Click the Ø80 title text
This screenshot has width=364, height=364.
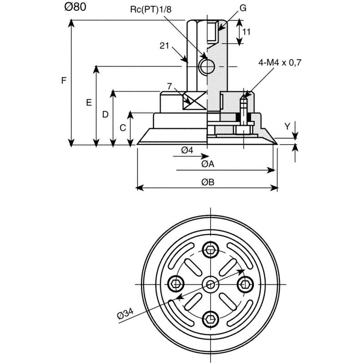(x=75, y=7)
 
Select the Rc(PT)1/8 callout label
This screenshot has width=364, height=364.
(x=151, y=10)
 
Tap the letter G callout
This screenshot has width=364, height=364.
(x=243, y=8)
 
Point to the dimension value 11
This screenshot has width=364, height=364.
(x=246, y=31)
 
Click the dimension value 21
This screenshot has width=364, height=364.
(x=164, y=46)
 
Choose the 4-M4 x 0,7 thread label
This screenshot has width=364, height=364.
(x=280, y=62)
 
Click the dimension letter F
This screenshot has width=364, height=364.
(x=64, y=81)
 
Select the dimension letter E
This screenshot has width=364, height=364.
(x=89, y=102)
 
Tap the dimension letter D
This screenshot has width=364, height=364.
(x=106, y=115)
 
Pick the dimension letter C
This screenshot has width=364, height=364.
(x=123, y=128)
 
